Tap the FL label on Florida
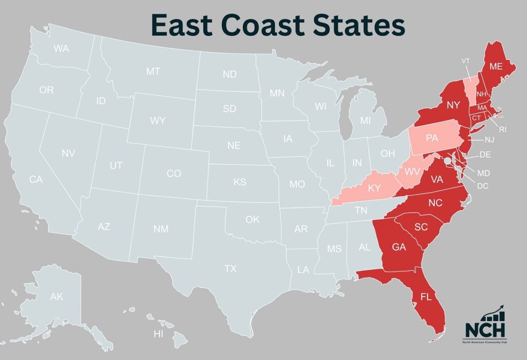coord(426,297)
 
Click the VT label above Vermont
coord(466,61)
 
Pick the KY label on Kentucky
coord(374,188)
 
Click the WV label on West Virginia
coord(412,170)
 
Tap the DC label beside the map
coord(482,185)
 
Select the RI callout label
coord(502,129)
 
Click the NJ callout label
coord(488,140)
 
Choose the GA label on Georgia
coord(399,247)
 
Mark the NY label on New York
coord(453,105)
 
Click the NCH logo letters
coord(485,329)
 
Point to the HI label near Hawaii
coord(159,334)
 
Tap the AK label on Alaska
coord(57,297)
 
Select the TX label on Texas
coord(230,268)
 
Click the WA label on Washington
coord(61,49)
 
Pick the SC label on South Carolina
coord(421,227)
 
